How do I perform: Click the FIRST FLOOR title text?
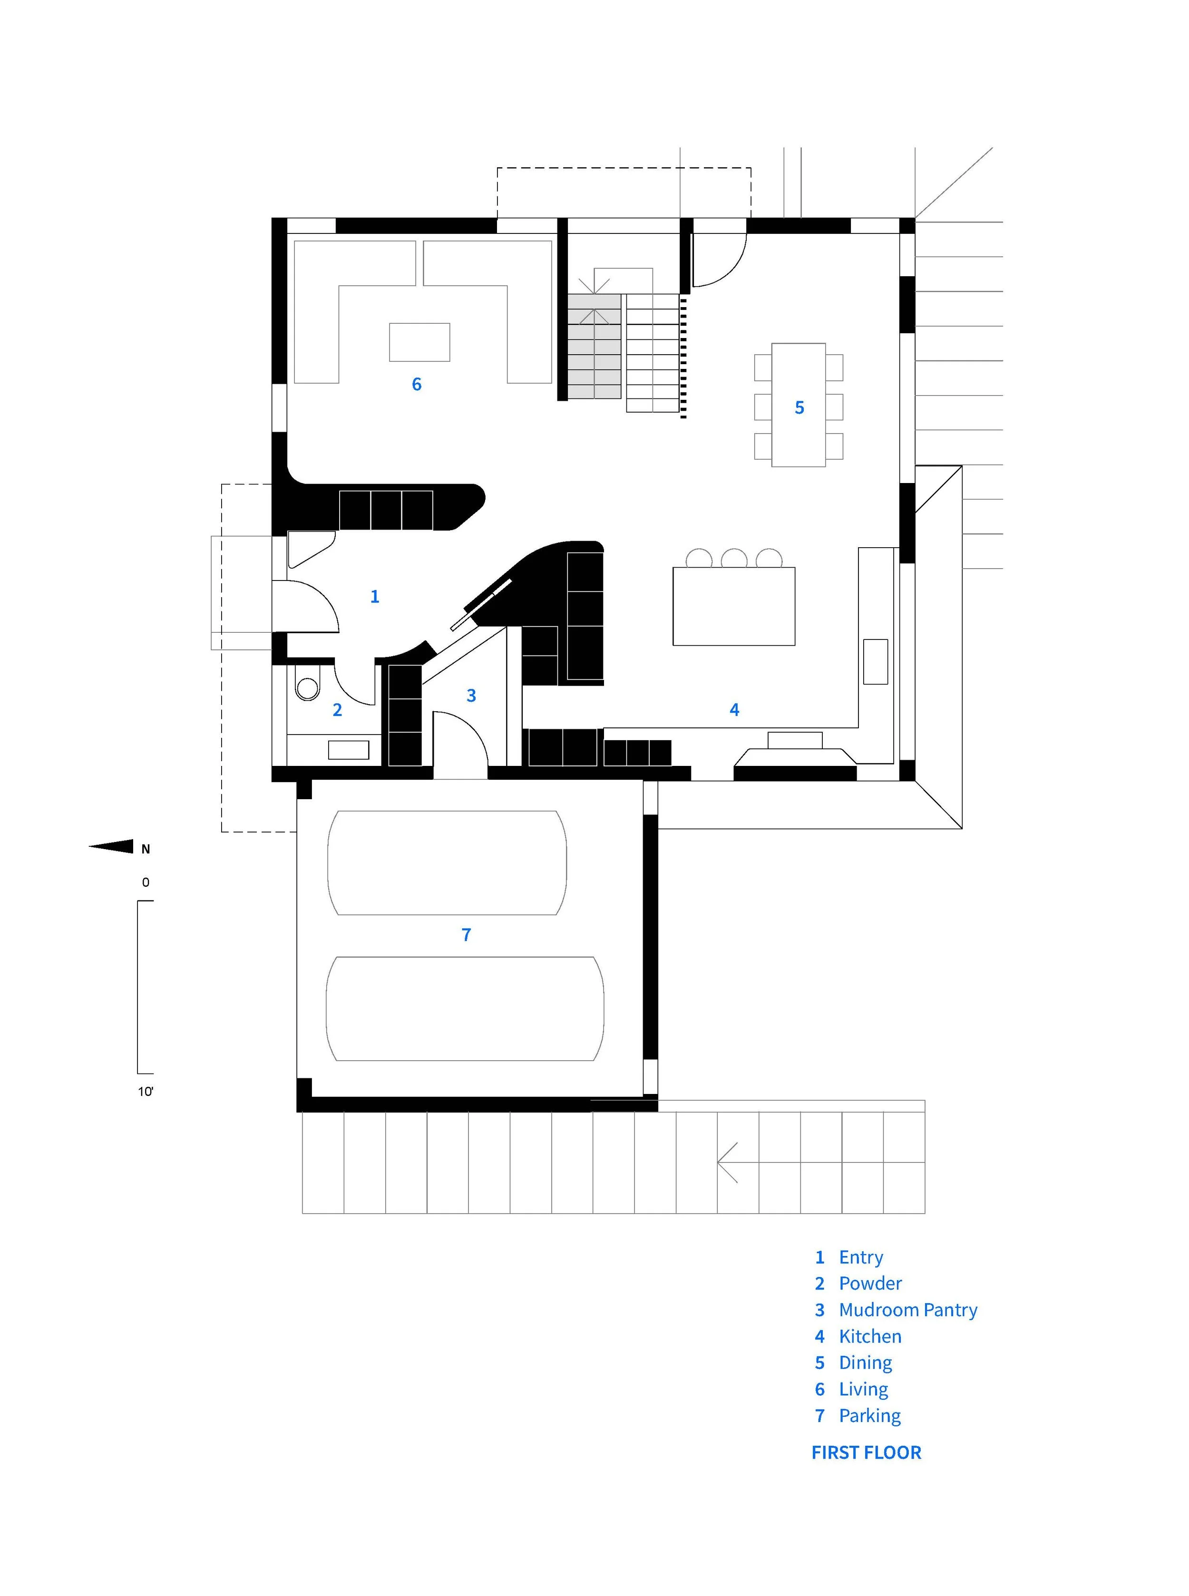coord(866,1453)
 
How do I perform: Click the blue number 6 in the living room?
coord(417,384)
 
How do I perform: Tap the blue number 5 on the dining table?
coord(799,408)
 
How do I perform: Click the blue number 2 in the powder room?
coord(337,710)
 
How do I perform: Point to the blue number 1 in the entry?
coord(374,597)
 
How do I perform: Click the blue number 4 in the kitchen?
coord(734,710)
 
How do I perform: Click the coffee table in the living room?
coord(419,342)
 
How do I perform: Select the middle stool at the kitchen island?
coord(734,558)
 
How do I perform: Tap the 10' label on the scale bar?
coord(146,1092)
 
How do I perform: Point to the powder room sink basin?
coord(348,750)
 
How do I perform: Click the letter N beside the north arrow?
coord(146,849)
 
